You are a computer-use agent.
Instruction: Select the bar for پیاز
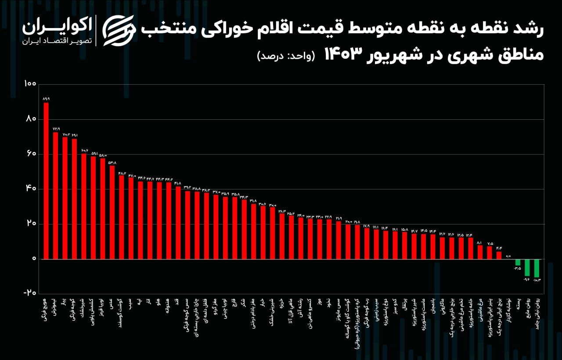65,198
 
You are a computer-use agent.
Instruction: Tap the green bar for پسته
518,262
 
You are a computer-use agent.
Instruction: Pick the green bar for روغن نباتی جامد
537,268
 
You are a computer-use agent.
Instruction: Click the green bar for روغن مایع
527,267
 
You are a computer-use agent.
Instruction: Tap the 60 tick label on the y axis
31,154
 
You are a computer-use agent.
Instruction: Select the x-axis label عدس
112,305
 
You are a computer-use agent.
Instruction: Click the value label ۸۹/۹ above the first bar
46,99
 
